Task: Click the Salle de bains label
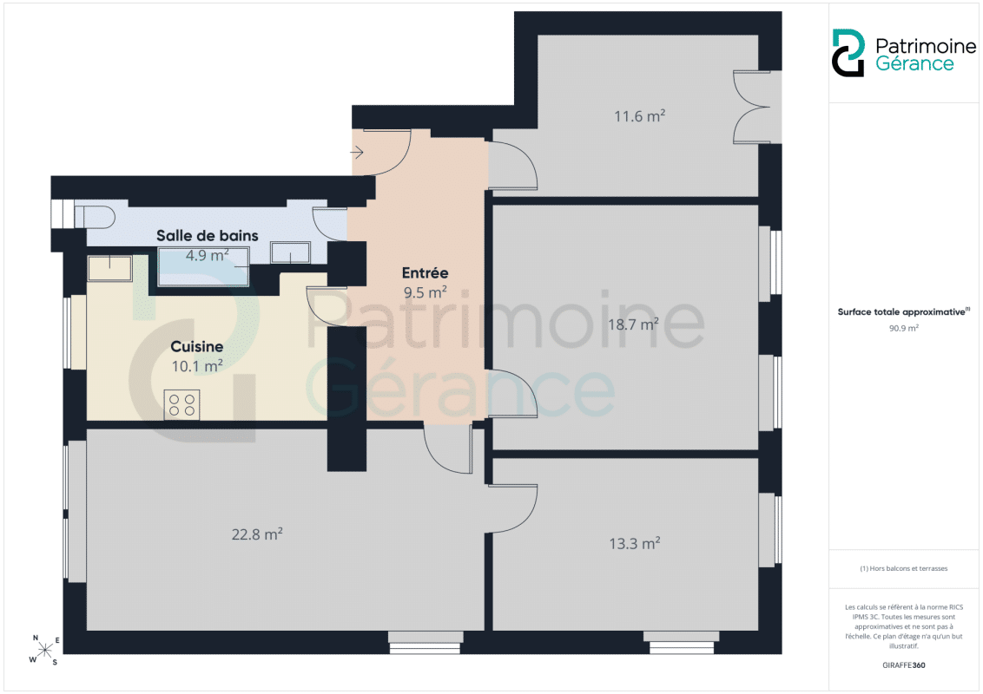coord(207,235)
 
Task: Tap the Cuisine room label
coord(197,346)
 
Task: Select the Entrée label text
coord(425,273)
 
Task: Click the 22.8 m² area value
coord(257,534)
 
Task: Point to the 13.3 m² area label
coord(635,543)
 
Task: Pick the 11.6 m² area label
coord(639,116)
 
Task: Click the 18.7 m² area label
coord(633,324)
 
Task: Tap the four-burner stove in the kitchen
coord(181,404)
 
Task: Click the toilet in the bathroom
coord(95,217)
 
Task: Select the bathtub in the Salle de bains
coord(203,266)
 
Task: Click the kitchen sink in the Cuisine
coord(109,268)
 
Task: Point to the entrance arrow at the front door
coord(357,152)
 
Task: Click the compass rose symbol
coord(44,650)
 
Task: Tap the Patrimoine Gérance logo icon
coord(848,53)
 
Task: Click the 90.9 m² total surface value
coord(903,328)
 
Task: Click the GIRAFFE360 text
coord(903,665)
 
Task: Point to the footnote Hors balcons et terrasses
coord(903,569)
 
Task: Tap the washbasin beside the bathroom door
coord(290,252)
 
